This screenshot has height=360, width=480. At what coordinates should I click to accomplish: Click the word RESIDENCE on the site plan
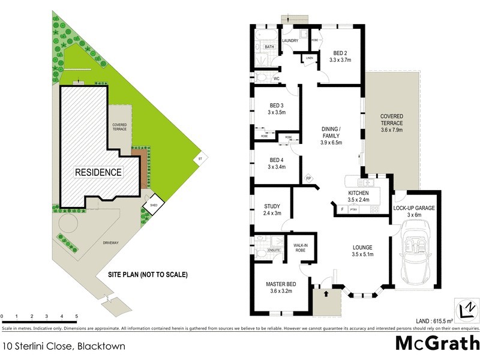coord(98,173)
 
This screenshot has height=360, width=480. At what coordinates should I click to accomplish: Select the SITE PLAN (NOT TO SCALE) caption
coord(148,275)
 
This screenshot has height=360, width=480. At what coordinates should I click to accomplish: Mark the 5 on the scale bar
coord(76,316)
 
